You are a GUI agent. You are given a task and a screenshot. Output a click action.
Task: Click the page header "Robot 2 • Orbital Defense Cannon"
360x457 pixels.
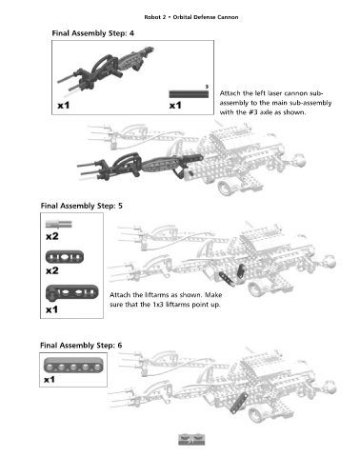click(x=191, y=17)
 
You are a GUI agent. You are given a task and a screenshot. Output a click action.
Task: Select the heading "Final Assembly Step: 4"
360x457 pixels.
click(x=92, y=33)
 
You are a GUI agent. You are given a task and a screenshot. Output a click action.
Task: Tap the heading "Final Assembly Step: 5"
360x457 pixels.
click(x=82, y=206)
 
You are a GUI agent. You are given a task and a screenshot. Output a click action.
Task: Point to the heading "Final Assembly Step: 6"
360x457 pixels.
click(x=81, y=346)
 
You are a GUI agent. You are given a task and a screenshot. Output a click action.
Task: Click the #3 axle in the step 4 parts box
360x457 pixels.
click(x=189, y=94)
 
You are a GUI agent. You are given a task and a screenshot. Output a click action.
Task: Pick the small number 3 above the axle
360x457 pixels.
click(x=207, y=87)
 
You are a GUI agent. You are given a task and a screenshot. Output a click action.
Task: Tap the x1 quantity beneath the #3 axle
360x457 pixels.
click(x=175, y=105)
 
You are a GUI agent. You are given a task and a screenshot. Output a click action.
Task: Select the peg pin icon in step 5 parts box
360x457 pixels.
click(x=59, y=224)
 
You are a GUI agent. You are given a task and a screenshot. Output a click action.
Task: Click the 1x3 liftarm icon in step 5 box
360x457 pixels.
click(x=65, y=257)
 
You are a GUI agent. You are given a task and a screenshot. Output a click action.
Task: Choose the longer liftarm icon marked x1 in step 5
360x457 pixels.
click(x=72, y=292)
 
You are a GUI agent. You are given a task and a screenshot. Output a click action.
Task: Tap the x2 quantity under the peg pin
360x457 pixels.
click(x=52, y=236)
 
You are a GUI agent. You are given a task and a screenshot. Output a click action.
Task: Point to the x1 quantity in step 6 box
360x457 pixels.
click(x=50, y=380)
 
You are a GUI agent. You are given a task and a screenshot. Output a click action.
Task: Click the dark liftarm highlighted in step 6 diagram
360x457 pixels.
click(x=239, y=403)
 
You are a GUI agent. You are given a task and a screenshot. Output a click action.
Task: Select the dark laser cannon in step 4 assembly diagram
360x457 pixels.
click(x=140, y=165)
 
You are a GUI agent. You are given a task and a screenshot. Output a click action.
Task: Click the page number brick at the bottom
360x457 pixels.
click(x=191, y=440)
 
